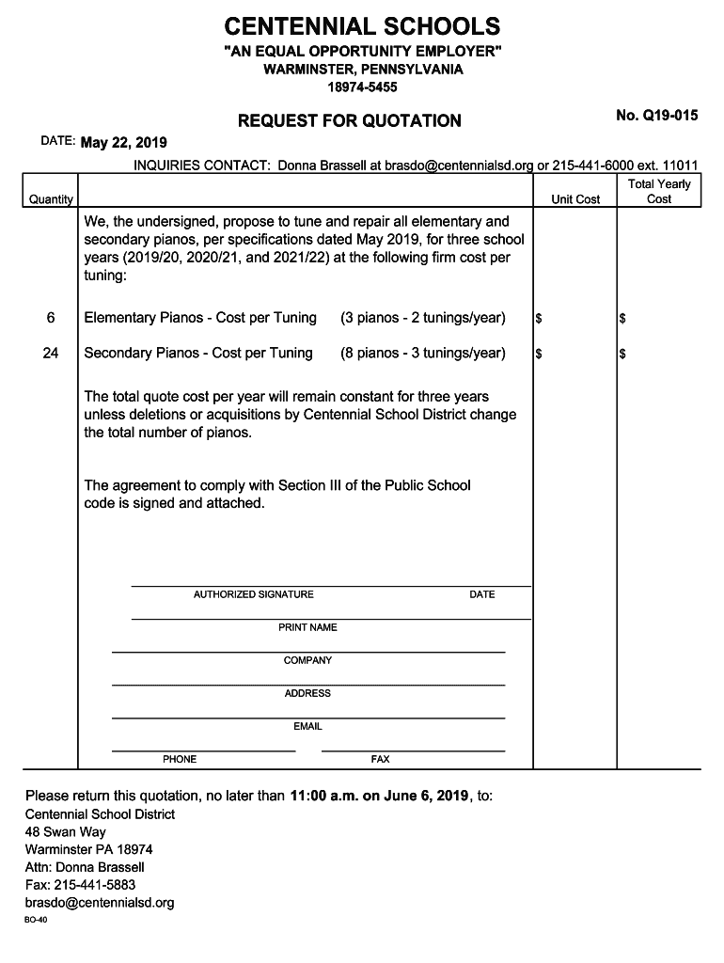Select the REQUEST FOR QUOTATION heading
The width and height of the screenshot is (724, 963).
(x=349, y=120)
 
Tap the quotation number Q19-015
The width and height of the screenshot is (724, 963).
(x=656, y=116)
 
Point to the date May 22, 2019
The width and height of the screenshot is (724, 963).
(x=123, y=143)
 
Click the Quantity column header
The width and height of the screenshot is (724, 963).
(x=51, y=199)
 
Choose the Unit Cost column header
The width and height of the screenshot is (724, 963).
(x=575, y=199)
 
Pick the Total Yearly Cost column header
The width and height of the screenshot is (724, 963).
(x=659, y=192)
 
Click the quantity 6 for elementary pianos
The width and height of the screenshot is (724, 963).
(x=51, y=318)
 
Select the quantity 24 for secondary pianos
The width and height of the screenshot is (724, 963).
(x=51, y=353)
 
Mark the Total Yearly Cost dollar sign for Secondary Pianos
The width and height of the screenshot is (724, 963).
(x=622, y=355)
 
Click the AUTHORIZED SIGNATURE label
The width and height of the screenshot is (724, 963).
(x=254, y=594)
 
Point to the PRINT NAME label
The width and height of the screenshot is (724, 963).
(x=307, y=627)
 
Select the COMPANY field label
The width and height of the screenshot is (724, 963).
(x=307, y=660)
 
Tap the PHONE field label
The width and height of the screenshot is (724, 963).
(x=180, y=759)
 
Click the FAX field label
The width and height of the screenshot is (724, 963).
(x=380, y=759)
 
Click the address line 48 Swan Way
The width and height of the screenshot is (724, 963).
(x=65, y=832)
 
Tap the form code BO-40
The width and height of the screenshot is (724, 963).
(x=36, y=921)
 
